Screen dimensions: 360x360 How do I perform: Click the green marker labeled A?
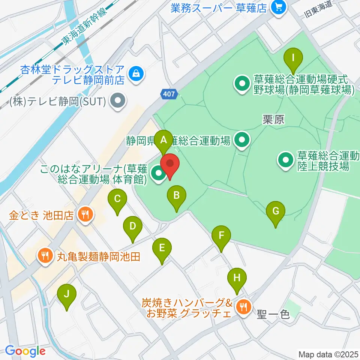(163, 141)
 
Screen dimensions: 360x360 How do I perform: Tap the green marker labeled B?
(177, 195)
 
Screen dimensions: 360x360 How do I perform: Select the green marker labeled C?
(117, 199)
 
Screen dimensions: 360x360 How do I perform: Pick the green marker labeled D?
(132, 226)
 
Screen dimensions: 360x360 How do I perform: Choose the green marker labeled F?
(221, 236)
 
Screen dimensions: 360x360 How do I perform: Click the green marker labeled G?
(276, 211)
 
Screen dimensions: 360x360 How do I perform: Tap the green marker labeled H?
(237, 279)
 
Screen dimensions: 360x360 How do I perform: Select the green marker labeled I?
(293, 58)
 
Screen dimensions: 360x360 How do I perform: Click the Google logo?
(25, 351)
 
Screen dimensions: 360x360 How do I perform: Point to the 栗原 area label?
(273, 120)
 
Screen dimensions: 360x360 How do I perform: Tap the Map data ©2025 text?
(328, 354)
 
